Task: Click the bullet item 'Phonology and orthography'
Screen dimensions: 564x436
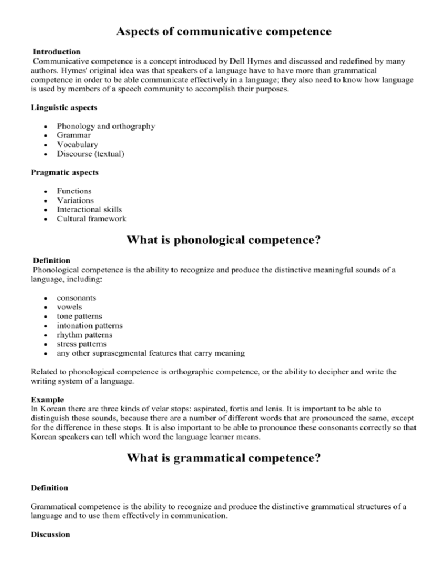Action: click(x=106, y=127)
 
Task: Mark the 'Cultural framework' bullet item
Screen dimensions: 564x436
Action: click(x=91, y=218)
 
